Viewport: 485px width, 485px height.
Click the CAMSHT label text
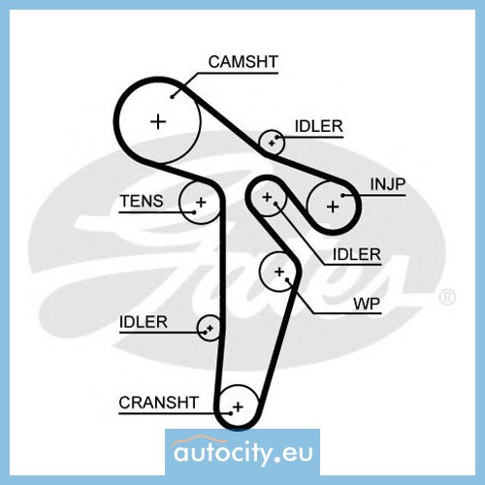(243, 62)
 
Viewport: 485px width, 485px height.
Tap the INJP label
(388, 184)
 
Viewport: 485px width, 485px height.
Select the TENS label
(142, 201)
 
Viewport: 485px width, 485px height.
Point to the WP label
(367, 304)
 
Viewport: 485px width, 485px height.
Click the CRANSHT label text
(158, 403)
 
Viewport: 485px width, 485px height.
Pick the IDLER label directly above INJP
(319, 126)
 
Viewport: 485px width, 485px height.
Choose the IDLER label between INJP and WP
(357, 254)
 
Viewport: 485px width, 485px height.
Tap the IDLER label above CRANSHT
(144, 322)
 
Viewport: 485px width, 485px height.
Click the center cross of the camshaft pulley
(158, 122)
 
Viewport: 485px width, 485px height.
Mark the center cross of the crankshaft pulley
(238, 406)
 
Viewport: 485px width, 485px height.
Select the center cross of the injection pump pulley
(333, 207)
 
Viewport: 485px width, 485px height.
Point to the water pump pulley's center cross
(279, 272)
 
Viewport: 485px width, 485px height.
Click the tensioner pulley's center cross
(201, 203)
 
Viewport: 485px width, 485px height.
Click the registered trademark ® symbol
(447, 297)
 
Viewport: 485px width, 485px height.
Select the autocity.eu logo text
(243, 453)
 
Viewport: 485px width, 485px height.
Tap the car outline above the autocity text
(200, 440)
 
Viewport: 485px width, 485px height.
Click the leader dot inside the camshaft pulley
(173, 96)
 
